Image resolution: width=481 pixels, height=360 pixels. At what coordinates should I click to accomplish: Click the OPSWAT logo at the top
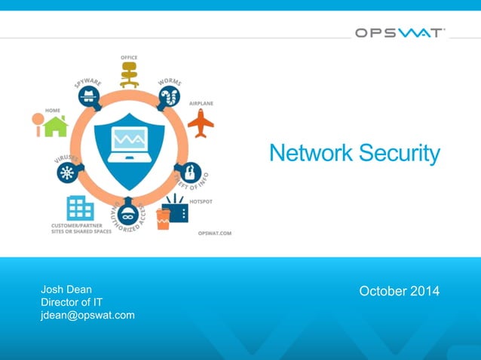(x=400, y=33)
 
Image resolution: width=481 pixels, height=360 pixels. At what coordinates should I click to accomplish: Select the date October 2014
(x=399, y=291)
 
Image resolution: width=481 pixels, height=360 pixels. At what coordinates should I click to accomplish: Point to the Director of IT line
(x=71, y=302)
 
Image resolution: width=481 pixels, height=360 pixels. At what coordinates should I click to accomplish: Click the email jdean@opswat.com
(x=87, y=315)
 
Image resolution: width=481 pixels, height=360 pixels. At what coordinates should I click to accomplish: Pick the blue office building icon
(x=80, y=207)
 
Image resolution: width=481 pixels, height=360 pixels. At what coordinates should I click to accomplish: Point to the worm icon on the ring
(x=169, y=96)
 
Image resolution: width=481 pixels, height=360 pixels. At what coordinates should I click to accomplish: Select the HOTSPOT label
(x=200, y=201)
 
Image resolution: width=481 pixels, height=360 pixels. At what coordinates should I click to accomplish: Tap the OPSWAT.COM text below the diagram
(x=214, y=233)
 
